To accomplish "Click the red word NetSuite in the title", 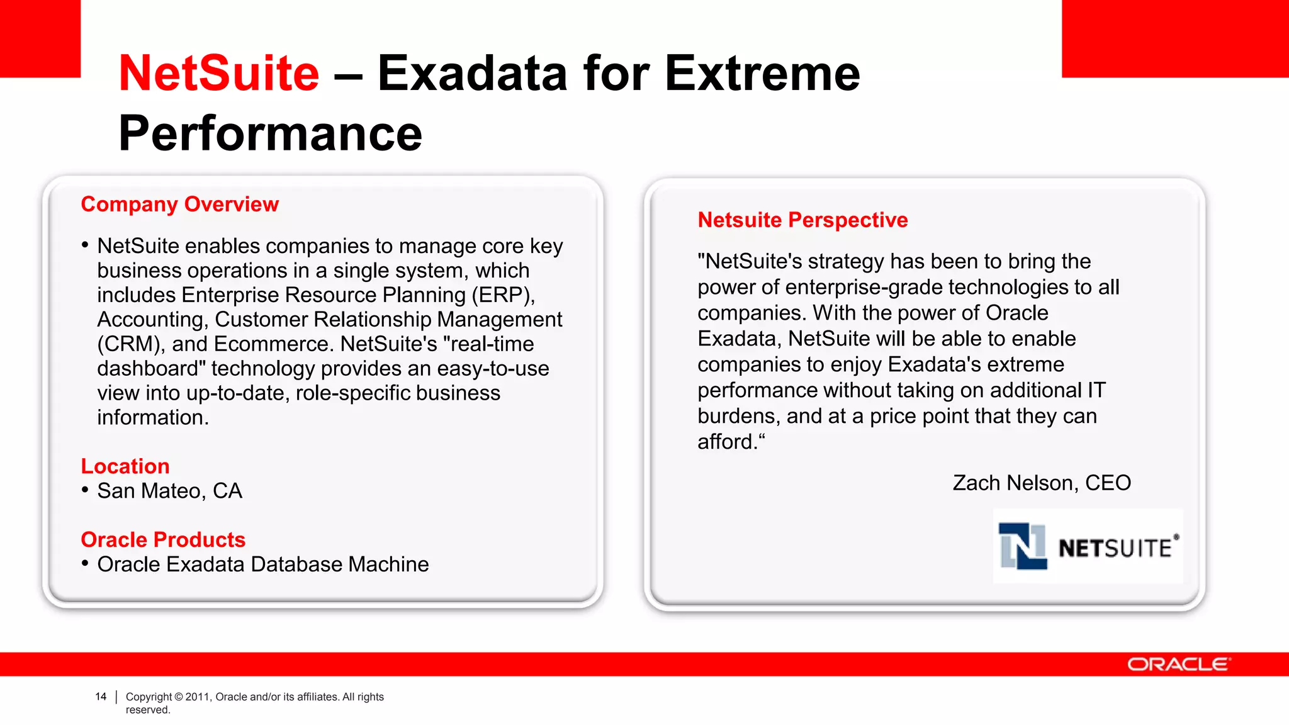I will click(218, 74).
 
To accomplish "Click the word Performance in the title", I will click(270, 133).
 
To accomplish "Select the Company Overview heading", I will click(179, 205).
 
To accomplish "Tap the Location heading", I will click(125, 466).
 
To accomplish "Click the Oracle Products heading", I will click(163, 540).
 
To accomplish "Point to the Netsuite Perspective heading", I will click(802, 220).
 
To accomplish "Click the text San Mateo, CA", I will click(169, 491).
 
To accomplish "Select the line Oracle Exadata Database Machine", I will click(262, 565).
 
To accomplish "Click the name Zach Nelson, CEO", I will click(1042, 483).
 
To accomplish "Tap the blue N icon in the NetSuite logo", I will click(1023, 546).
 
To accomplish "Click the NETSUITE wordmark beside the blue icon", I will click(1115, 548).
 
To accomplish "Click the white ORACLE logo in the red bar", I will click(1178, 665).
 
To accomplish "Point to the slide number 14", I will click(101, 697).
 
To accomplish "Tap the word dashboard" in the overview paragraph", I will click(152, 369).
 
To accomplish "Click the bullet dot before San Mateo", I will click(85, 490).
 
